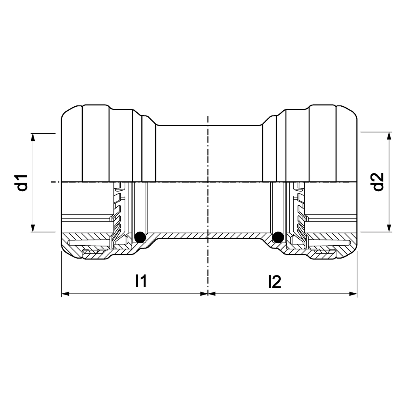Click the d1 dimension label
[23, 183]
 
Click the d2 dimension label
[379, 182]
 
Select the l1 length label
[141, 281]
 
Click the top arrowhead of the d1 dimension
[32, 137]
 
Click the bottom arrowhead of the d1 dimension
[32, 228]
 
